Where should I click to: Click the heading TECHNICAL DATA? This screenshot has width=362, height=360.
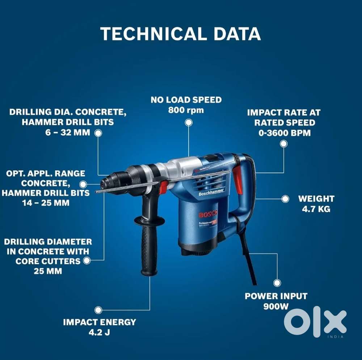point(180,34)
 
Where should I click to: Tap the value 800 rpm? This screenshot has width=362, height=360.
point(186,110)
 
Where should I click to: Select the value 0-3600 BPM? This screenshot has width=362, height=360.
point(285,133)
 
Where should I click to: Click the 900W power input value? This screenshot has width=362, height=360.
point(276,306)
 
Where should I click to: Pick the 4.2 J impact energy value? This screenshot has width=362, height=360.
point(99,332)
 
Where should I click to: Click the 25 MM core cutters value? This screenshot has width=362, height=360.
point(48,271)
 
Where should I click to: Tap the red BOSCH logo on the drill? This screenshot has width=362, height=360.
point(207,214)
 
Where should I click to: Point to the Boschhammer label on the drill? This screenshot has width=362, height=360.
point(212,192)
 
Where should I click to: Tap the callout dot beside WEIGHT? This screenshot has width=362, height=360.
point(285,199)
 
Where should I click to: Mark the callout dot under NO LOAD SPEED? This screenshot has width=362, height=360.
point(188,122)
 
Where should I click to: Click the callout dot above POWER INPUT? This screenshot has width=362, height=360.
point(277,283)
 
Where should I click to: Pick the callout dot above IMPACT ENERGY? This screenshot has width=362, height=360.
point(98,310)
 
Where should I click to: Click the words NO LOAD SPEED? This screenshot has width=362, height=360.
point(186,99)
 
